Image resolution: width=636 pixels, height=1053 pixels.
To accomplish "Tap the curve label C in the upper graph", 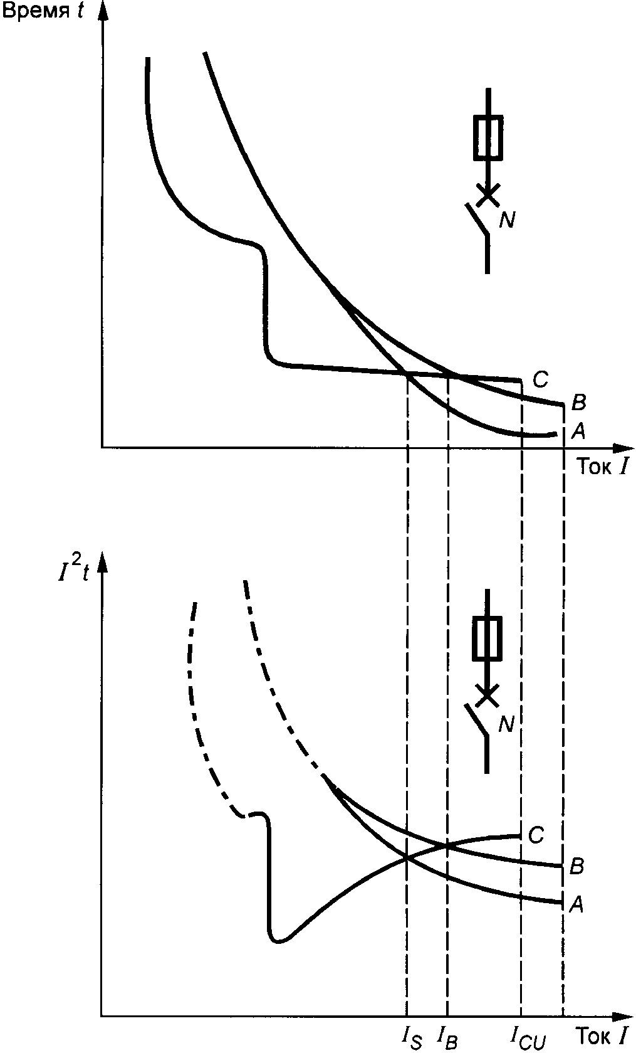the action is [x=540, y=379].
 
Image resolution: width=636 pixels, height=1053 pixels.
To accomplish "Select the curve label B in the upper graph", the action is [x=578, y=401].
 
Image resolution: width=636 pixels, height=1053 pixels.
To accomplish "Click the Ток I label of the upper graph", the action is [x=601, y=466].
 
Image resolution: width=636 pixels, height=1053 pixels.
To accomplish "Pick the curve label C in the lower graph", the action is [x=536, y=835].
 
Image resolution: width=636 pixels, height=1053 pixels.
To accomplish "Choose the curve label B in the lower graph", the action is [x=577, y=867].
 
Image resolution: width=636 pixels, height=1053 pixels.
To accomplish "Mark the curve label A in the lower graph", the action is [x=576, y=903].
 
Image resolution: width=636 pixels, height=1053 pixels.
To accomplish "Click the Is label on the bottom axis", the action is [x=412, y=1037].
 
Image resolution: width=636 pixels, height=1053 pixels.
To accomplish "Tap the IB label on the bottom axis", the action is [x=449, y=1037].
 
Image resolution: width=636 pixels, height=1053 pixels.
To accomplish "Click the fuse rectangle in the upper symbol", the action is [x=487, y=137].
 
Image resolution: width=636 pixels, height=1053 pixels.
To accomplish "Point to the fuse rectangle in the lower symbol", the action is [x=487, y=638].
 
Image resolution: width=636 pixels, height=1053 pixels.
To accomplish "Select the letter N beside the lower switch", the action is [x=506, y=724].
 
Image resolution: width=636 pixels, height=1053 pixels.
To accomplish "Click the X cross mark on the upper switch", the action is [x=487, y=194].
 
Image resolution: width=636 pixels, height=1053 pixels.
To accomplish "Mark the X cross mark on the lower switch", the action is [x=487, y=694].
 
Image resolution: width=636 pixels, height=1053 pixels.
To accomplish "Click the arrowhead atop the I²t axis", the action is [x=102, y=563].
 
